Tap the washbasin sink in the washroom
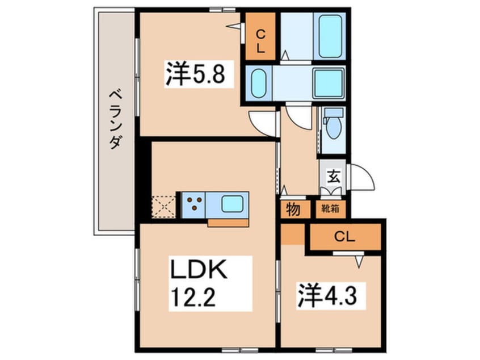[x=259, y=83]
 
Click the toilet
[x=334, y=126]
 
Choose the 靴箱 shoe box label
[x=331, y=208]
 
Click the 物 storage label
[x=294, y=209]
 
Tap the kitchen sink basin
[x=234, y=203]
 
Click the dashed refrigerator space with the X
[x=165, y=205]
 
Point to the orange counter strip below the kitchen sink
[x=228, y=222]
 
